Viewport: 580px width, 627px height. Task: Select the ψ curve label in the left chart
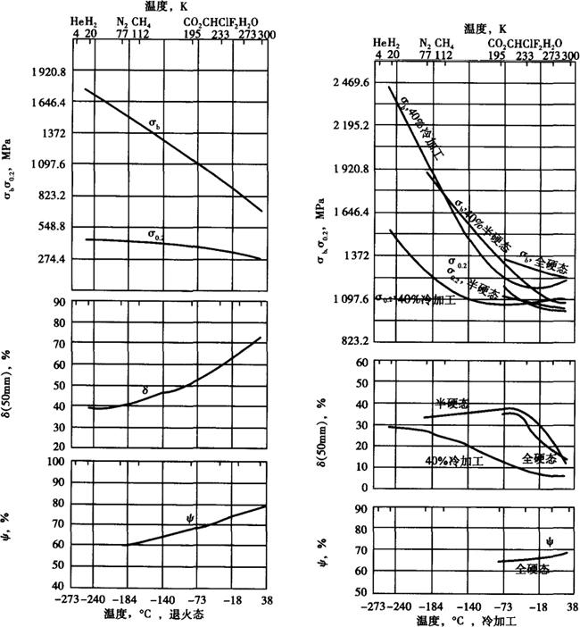tap(190, 518)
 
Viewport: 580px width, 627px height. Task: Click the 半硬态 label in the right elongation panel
tap(452, 404)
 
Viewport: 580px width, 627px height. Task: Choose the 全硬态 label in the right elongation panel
tap(539, 458)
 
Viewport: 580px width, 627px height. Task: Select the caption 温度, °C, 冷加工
tap(460, 619)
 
